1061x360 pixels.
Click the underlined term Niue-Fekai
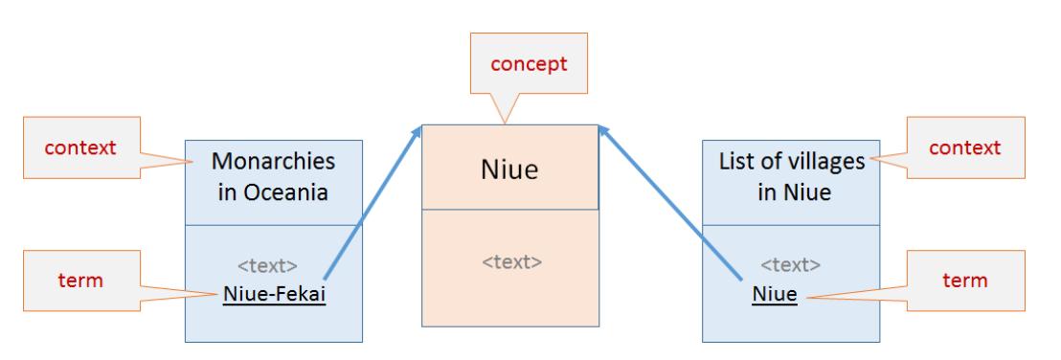273,294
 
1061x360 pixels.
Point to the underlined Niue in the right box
774,294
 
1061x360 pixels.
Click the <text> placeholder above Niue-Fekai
272,267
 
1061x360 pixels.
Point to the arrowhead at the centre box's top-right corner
601,131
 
